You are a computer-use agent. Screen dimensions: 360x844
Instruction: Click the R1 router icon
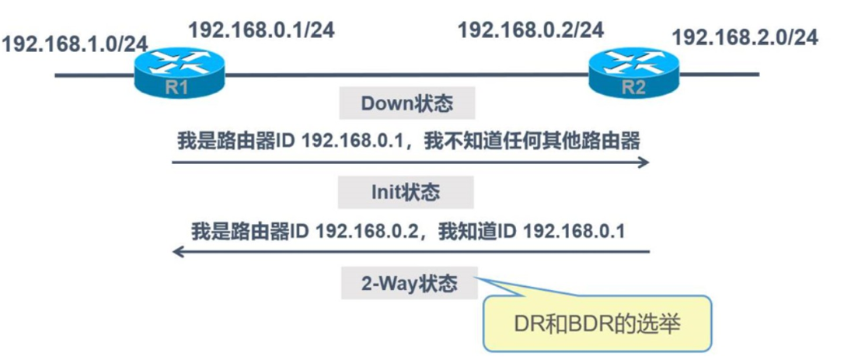(x=177, y=75)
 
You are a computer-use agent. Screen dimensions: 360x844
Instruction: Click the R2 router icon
(x=633, y=75)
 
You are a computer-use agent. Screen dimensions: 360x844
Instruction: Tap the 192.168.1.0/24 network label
(x=75, y=43)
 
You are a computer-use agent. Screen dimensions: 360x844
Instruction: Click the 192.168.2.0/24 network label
(x=745, y=37)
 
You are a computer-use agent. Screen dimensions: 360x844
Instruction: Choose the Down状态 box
(x=407, y=104)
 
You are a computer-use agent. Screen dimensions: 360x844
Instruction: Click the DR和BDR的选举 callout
(x=597, y=322)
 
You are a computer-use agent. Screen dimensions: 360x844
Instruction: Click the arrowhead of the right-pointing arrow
(x=643, y=163)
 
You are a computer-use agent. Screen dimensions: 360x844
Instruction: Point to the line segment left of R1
(x=93, y=75)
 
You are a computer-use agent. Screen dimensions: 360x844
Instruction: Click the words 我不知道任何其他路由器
(x=549, y=142)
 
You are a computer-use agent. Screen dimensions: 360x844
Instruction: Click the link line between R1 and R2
(x=404, y=75)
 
